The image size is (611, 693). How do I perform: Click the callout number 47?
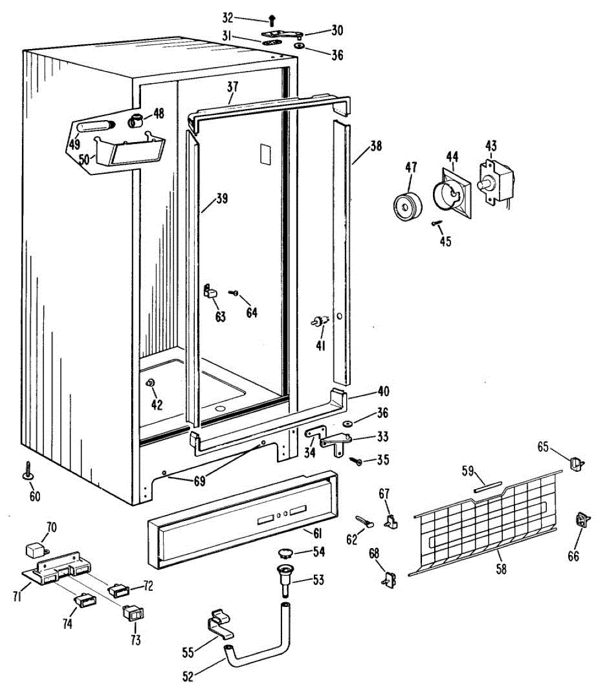click(x=411, y=168)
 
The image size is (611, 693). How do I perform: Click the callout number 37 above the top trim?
click(x=232, y=87)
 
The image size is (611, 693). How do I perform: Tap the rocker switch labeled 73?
click(x=134, y=613)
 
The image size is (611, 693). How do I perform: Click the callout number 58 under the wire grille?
click(x=501, y=569)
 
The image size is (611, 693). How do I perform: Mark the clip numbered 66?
click(x=581, y=520)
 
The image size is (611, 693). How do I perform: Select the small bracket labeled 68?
click(x=390, y=579)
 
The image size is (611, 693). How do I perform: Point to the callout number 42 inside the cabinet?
click(x=157, y=404)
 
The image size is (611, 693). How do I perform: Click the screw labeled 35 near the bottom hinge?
click(x=359, y=461)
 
